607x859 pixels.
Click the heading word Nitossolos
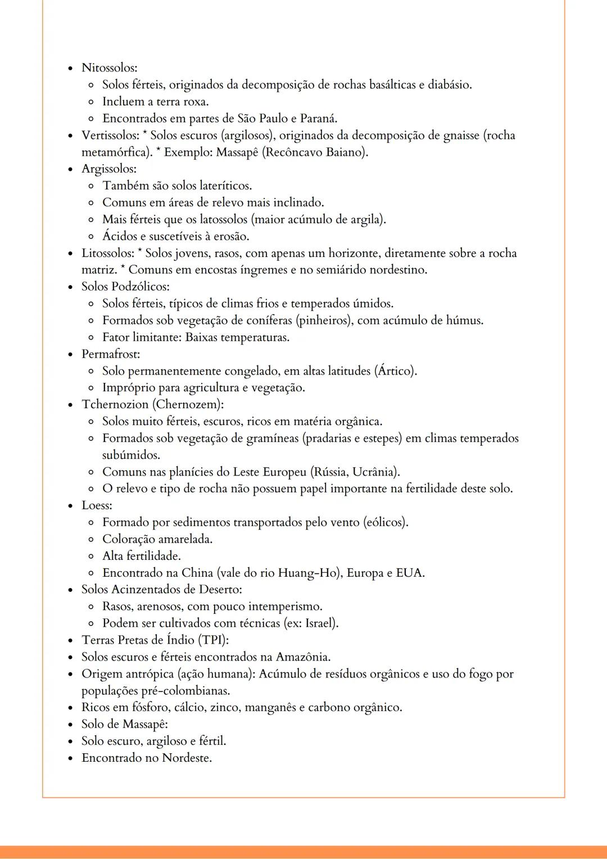pyautogui.click(x=108, y=68)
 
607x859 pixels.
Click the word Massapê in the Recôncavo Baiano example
pyautogui.click(x=237, y=152)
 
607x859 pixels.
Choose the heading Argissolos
pyautogui.click(x=108, y=169)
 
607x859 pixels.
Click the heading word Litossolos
pyautogui.click(x=108, y=253)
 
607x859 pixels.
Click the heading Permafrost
pyautogui.click(x=111, y=354)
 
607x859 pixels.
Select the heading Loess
pyautogui.click(x=96, y=505)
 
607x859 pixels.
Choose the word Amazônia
pyautogui.click(x=302, y=657)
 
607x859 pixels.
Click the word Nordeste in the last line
pyautogui.click(x=186, y=758)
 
